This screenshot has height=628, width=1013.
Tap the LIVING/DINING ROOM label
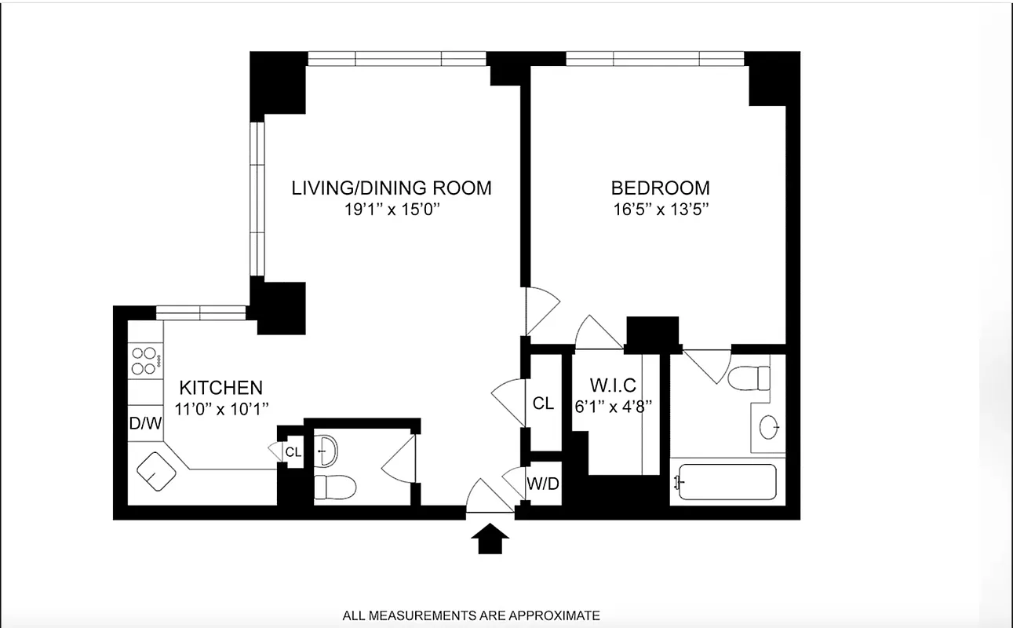click(392, 188)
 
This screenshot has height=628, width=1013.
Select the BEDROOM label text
click(660, 188)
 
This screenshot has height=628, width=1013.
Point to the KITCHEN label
click(220, 388)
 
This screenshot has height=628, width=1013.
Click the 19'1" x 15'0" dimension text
click(392, 210)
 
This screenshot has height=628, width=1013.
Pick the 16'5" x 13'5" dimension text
click(660, 210)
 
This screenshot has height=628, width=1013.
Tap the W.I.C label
click(612, 385)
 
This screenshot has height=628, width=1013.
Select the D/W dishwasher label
click(145, 424)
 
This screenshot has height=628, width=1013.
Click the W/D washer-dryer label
click(543, 484)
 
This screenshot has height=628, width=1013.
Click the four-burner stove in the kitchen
click(144, 361)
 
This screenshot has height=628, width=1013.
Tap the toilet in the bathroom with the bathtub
click(749, 378)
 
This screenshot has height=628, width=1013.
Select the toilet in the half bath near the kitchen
click(334, 487)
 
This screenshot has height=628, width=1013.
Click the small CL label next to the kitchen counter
click(293, 452)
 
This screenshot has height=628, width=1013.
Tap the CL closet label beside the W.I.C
click(543, 403)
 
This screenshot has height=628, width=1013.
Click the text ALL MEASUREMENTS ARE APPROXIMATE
click(471, 615)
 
